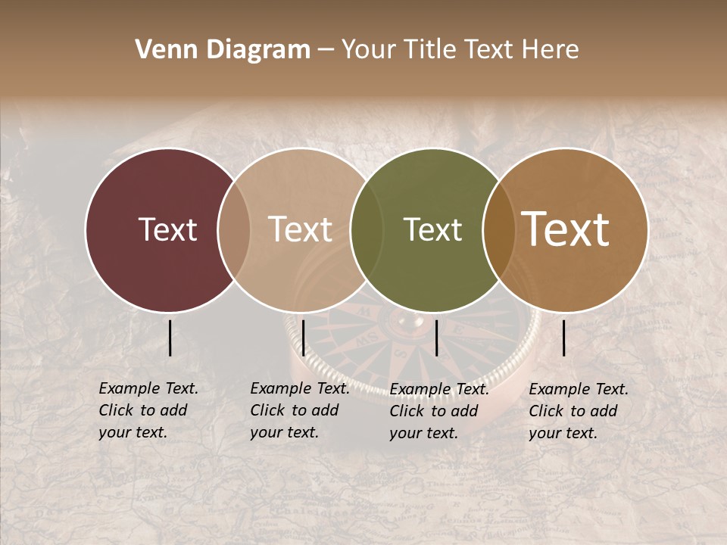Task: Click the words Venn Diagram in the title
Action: [223, 50]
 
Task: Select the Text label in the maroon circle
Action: [167, 230]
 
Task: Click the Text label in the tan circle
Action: [300, 230]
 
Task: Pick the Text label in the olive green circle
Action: [432, 230]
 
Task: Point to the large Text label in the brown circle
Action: [566, 229]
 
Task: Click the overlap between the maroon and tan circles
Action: [234, 230]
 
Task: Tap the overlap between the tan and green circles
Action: [367, 230]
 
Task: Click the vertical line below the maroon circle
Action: [170, 338]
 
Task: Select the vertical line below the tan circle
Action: [303, 338]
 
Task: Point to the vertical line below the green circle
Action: [436, 338]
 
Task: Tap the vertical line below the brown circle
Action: [563, 338]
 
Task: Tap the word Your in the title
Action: [369, 50]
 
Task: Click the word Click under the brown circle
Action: [547, 411]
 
